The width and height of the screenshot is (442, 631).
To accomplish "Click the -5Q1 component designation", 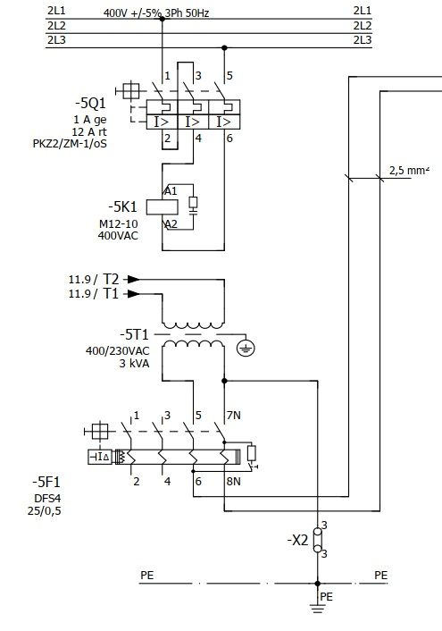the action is (90, 103).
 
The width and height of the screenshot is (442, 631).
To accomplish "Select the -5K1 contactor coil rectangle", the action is (163, 207).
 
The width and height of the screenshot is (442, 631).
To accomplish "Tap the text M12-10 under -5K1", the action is (118, 223).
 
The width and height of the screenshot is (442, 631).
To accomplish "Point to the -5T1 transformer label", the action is (134, 334).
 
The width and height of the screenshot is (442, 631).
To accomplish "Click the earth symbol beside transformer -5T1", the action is (246, 348).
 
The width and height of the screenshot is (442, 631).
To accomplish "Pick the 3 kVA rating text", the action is (134, 364).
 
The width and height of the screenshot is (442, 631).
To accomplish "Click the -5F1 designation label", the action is (46, 482).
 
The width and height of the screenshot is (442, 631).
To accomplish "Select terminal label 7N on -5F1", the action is (234, 415).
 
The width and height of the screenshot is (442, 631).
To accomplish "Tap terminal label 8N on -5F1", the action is (233, 482).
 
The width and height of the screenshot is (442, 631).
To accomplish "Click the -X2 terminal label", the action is (297, 540).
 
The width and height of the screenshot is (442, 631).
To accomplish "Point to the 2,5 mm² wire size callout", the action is (409, 170).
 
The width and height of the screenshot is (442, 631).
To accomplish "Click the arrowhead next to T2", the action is (134, 279).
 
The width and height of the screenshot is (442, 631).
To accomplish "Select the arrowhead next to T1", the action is (134, 294).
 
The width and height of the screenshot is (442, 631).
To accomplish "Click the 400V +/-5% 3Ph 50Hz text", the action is (156, 13).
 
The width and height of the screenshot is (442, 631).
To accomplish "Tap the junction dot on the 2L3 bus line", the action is (224, 48).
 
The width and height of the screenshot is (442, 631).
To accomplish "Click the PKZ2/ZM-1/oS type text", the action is (70, 144).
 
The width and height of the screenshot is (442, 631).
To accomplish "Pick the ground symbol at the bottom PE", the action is (317, 608).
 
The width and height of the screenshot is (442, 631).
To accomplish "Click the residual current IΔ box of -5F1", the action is (100, 457).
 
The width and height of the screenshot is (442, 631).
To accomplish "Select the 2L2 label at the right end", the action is (363, 26).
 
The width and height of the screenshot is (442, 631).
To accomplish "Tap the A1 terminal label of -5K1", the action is (171, 190).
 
